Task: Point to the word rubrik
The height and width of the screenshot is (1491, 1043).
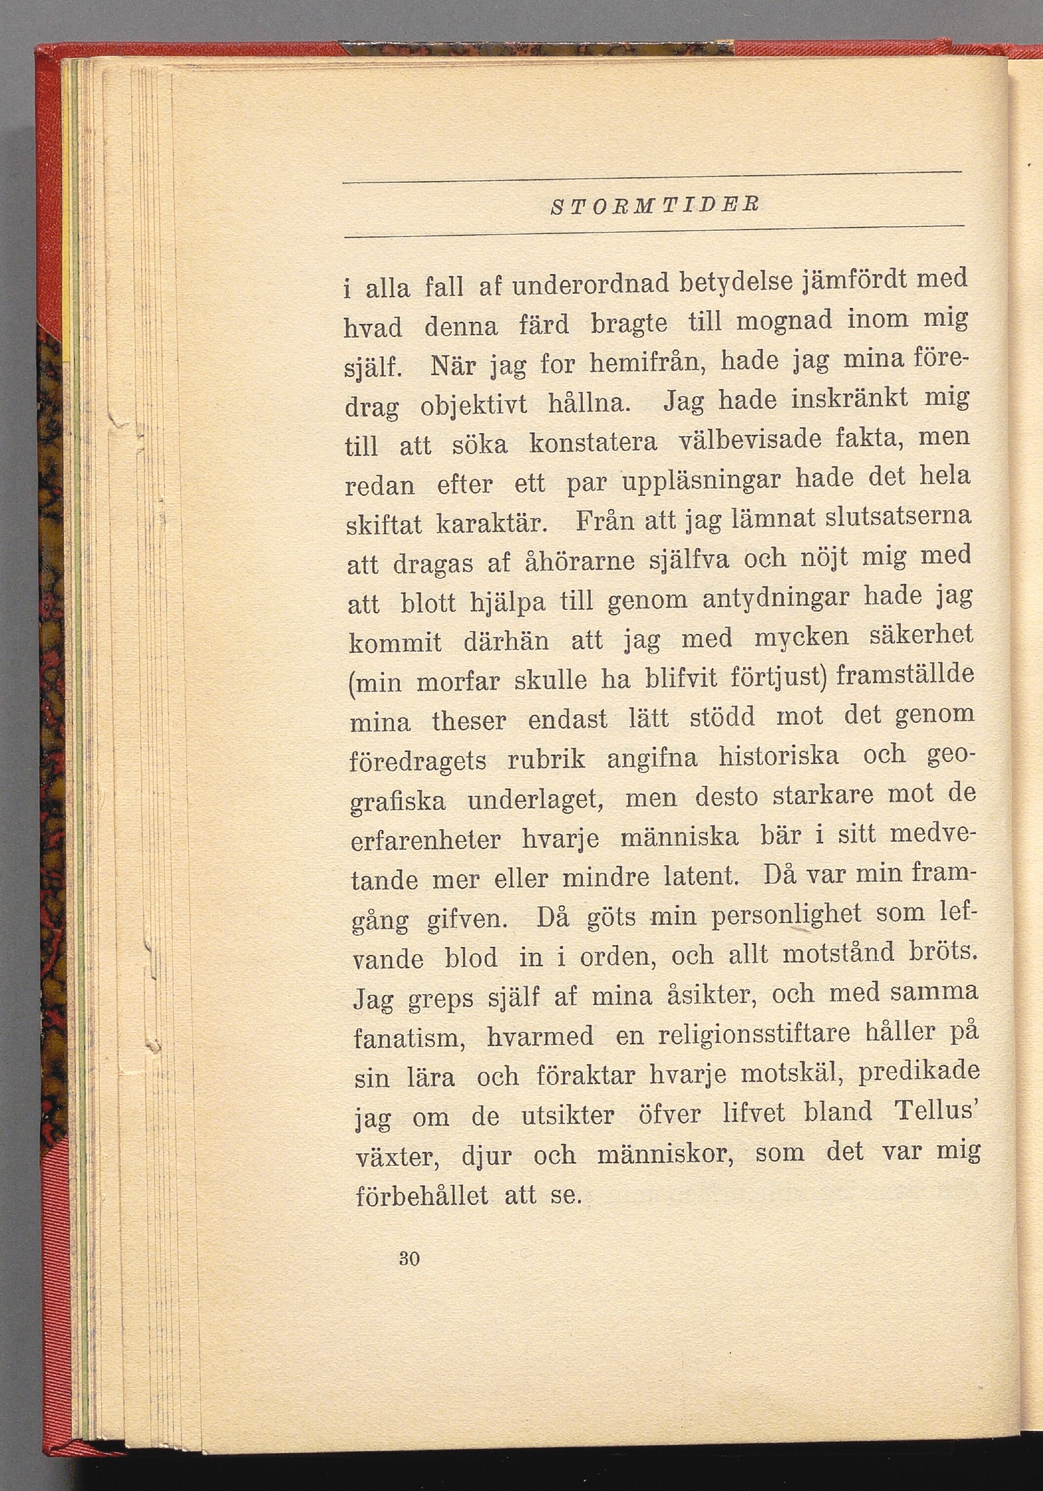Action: point(546,759)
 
